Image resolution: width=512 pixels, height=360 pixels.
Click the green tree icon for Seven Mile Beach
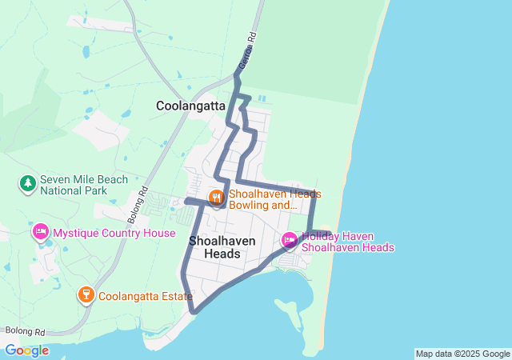pos(28,184)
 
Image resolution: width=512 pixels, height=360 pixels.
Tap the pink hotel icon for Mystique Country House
pos(40,233)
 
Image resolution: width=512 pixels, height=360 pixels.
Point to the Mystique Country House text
pos(114,233)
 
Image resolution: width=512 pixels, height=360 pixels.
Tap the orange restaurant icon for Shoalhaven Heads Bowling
pos(216,197)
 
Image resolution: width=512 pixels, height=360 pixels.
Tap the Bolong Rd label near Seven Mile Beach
pos(138,204)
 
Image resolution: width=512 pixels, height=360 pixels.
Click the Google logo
pos(26,350)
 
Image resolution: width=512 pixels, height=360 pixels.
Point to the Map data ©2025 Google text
pos(462,354)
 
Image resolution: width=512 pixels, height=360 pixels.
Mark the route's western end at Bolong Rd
pos(186,201)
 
